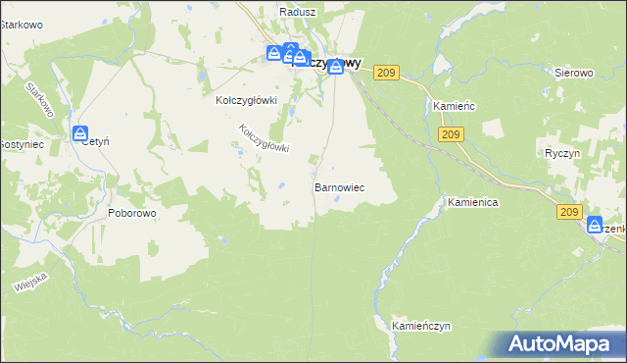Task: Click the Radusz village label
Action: click(x=295, y=12)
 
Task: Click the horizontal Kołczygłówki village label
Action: click(x=247, y=100)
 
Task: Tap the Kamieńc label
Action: click(x=453, y=106)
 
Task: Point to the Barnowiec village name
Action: click(x=339, y=186)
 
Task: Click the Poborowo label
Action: click(x=132, y=212)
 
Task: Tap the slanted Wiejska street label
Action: click(x=31, y=282)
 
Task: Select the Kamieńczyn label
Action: click(x=420, y=324)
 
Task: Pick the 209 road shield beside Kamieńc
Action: click(x=451, y=134)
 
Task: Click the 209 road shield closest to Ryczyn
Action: click(x=570, y=211)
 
